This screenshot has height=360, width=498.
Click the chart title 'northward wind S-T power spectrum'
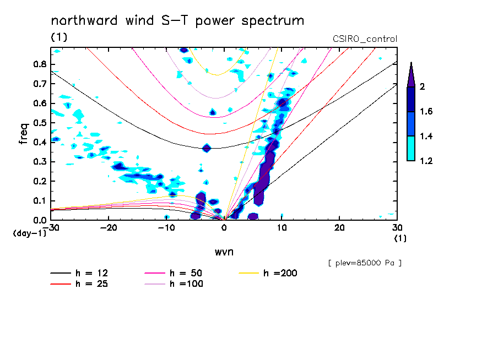tap(177, 21)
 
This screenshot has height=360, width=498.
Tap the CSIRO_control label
tap(365, 39)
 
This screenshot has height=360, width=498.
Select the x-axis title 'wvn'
tap(224, 252)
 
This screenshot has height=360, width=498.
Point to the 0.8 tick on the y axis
tap(39, 64)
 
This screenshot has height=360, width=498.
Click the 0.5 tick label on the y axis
tap(39, 123)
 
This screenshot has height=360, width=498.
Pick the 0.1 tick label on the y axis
tap(39, 201)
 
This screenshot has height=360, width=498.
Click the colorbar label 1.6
tap(426, 112)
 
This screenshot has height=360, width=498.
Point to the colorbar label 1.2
tap(426, 161)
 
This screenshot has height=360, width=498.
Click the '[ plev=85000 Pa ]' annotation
tap(365, 263)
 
